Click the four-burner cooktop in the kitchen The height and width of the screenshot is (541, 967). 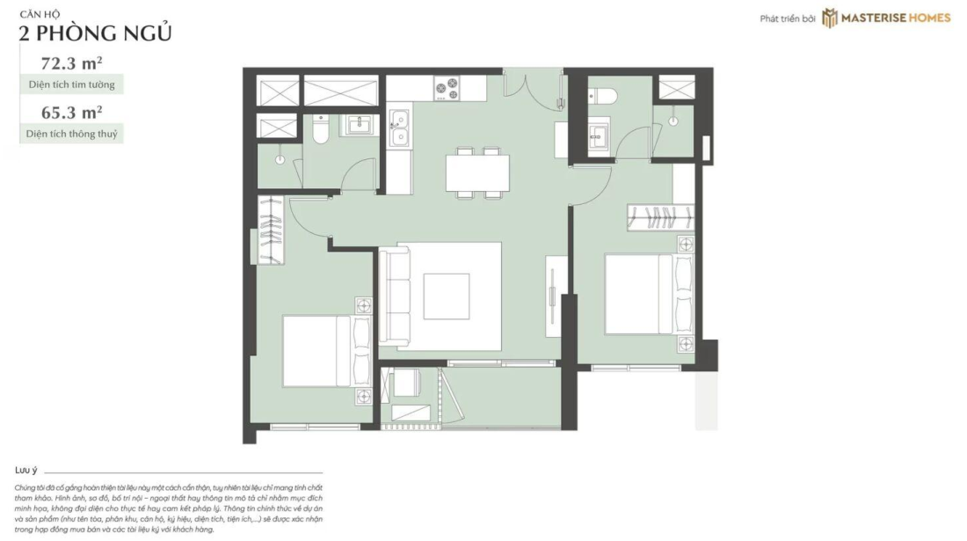click(447, 88)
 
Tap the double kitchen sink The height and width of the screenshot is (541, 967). click(399, 128)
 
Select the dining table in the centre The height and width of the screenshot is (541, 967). click(478, 172)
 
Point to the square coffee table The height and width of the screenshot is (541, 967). click(446, 296)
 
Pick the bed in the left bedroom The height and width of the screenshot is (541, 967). click(327, 351)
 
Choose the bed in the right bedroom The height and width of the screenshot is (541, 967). click(649, 294)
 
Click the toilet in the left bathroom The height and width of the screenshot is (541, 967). click(321, 129)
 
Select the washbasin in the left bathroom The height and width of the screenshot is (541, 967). click(357, 125)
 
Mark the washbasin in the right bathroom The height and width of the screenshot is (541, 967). click(598, 136)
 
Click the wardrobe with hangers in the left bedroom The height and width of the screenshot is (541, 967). click(271, 230)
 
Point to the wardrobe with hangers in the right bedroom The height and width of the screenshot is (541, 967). click(660, 217)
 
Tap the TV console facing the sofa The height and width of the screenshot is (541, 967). click(554, 296)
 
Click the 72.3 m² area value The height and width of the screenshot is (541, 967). click(71, 63)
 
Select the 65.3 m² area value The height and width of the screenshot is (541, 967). click(71, 113)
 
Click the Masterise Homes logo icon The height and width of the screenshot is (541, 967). click(830, 18)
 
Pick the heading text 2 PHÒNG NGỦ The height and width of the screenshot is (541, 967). click(95, 33)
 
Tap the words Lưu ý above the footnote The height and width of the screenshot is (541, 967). click(25, 470)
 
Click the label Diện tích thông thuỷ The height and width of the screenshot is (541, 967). click(71, 134)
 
